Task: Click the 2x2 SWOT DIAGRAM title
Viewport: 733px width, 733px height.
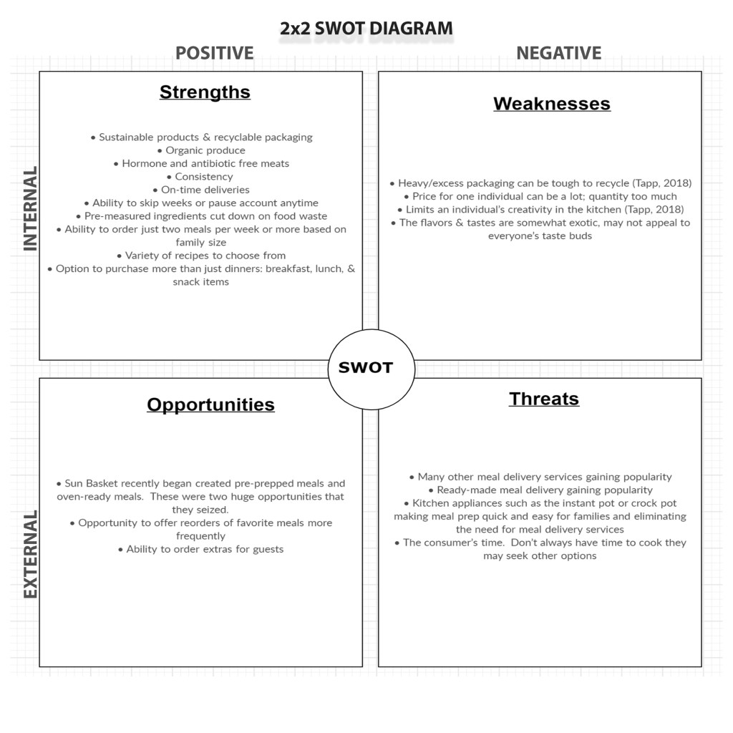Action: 366,29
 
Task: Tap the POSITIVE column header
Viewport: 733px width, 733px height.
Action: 215,54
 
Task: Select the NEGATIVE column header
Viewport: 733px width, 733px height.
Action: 558,54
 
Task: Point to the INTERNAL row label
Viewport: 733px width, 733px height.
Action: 30,209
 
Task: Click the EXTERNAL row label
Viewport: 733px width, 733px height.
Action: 30,554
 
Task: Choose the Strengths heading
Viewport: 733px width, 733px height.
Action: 205,92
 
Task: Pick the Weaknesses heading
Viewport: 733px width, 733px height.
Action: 551,104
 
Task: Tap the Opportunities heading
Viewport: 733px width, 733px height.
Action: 210,404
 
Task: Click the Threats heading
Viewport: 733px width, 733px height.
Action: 544,399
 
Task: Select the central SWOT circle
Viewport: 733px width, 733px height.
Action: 366,368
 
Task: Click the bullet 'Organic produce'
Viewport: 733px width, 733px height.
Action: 205,150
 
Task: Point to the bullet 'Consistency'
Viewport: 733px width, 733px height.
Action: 203,177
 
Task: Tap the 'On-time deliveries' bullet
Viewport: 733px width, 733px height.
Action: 205,190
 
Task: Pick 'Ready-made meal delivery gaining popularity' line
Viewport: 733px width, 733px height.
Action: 544,490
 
